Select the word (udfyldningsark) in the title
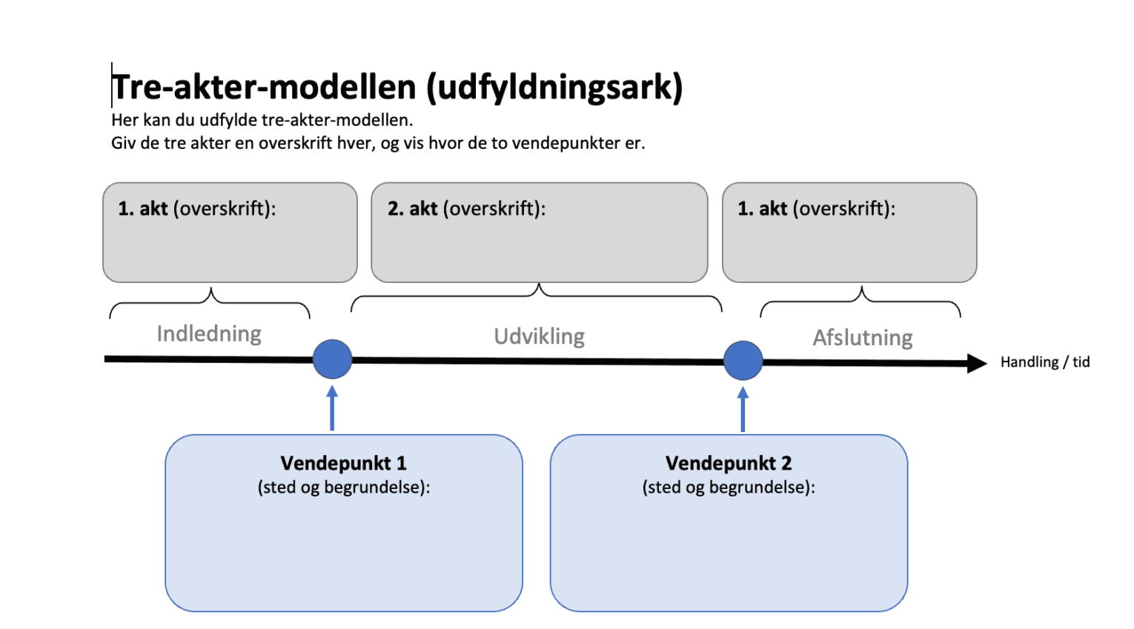(554, 87)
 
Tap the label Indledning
(209, 334)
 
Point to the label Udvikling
(539, 337)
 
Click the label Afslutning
(862, 339)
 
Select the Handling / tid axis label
(1044, 362)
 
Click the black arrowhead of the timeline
(976, 363)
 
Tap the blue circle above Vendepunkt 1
(332, 359)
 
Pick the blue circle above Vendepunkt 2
(743, 361)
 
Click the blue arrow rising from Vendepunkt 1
(332, 409)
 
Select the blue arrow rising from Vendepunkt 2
(743, 410)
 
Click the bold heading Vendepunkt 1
(343, 464)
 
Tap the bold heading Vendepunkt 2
(728, 464)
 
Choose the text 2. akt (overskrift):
(466, 209)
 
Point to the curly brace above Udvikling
(537, 295)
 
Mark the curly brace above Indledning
(210, 301)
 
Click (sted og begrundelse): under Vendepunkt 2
(728, 487)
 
